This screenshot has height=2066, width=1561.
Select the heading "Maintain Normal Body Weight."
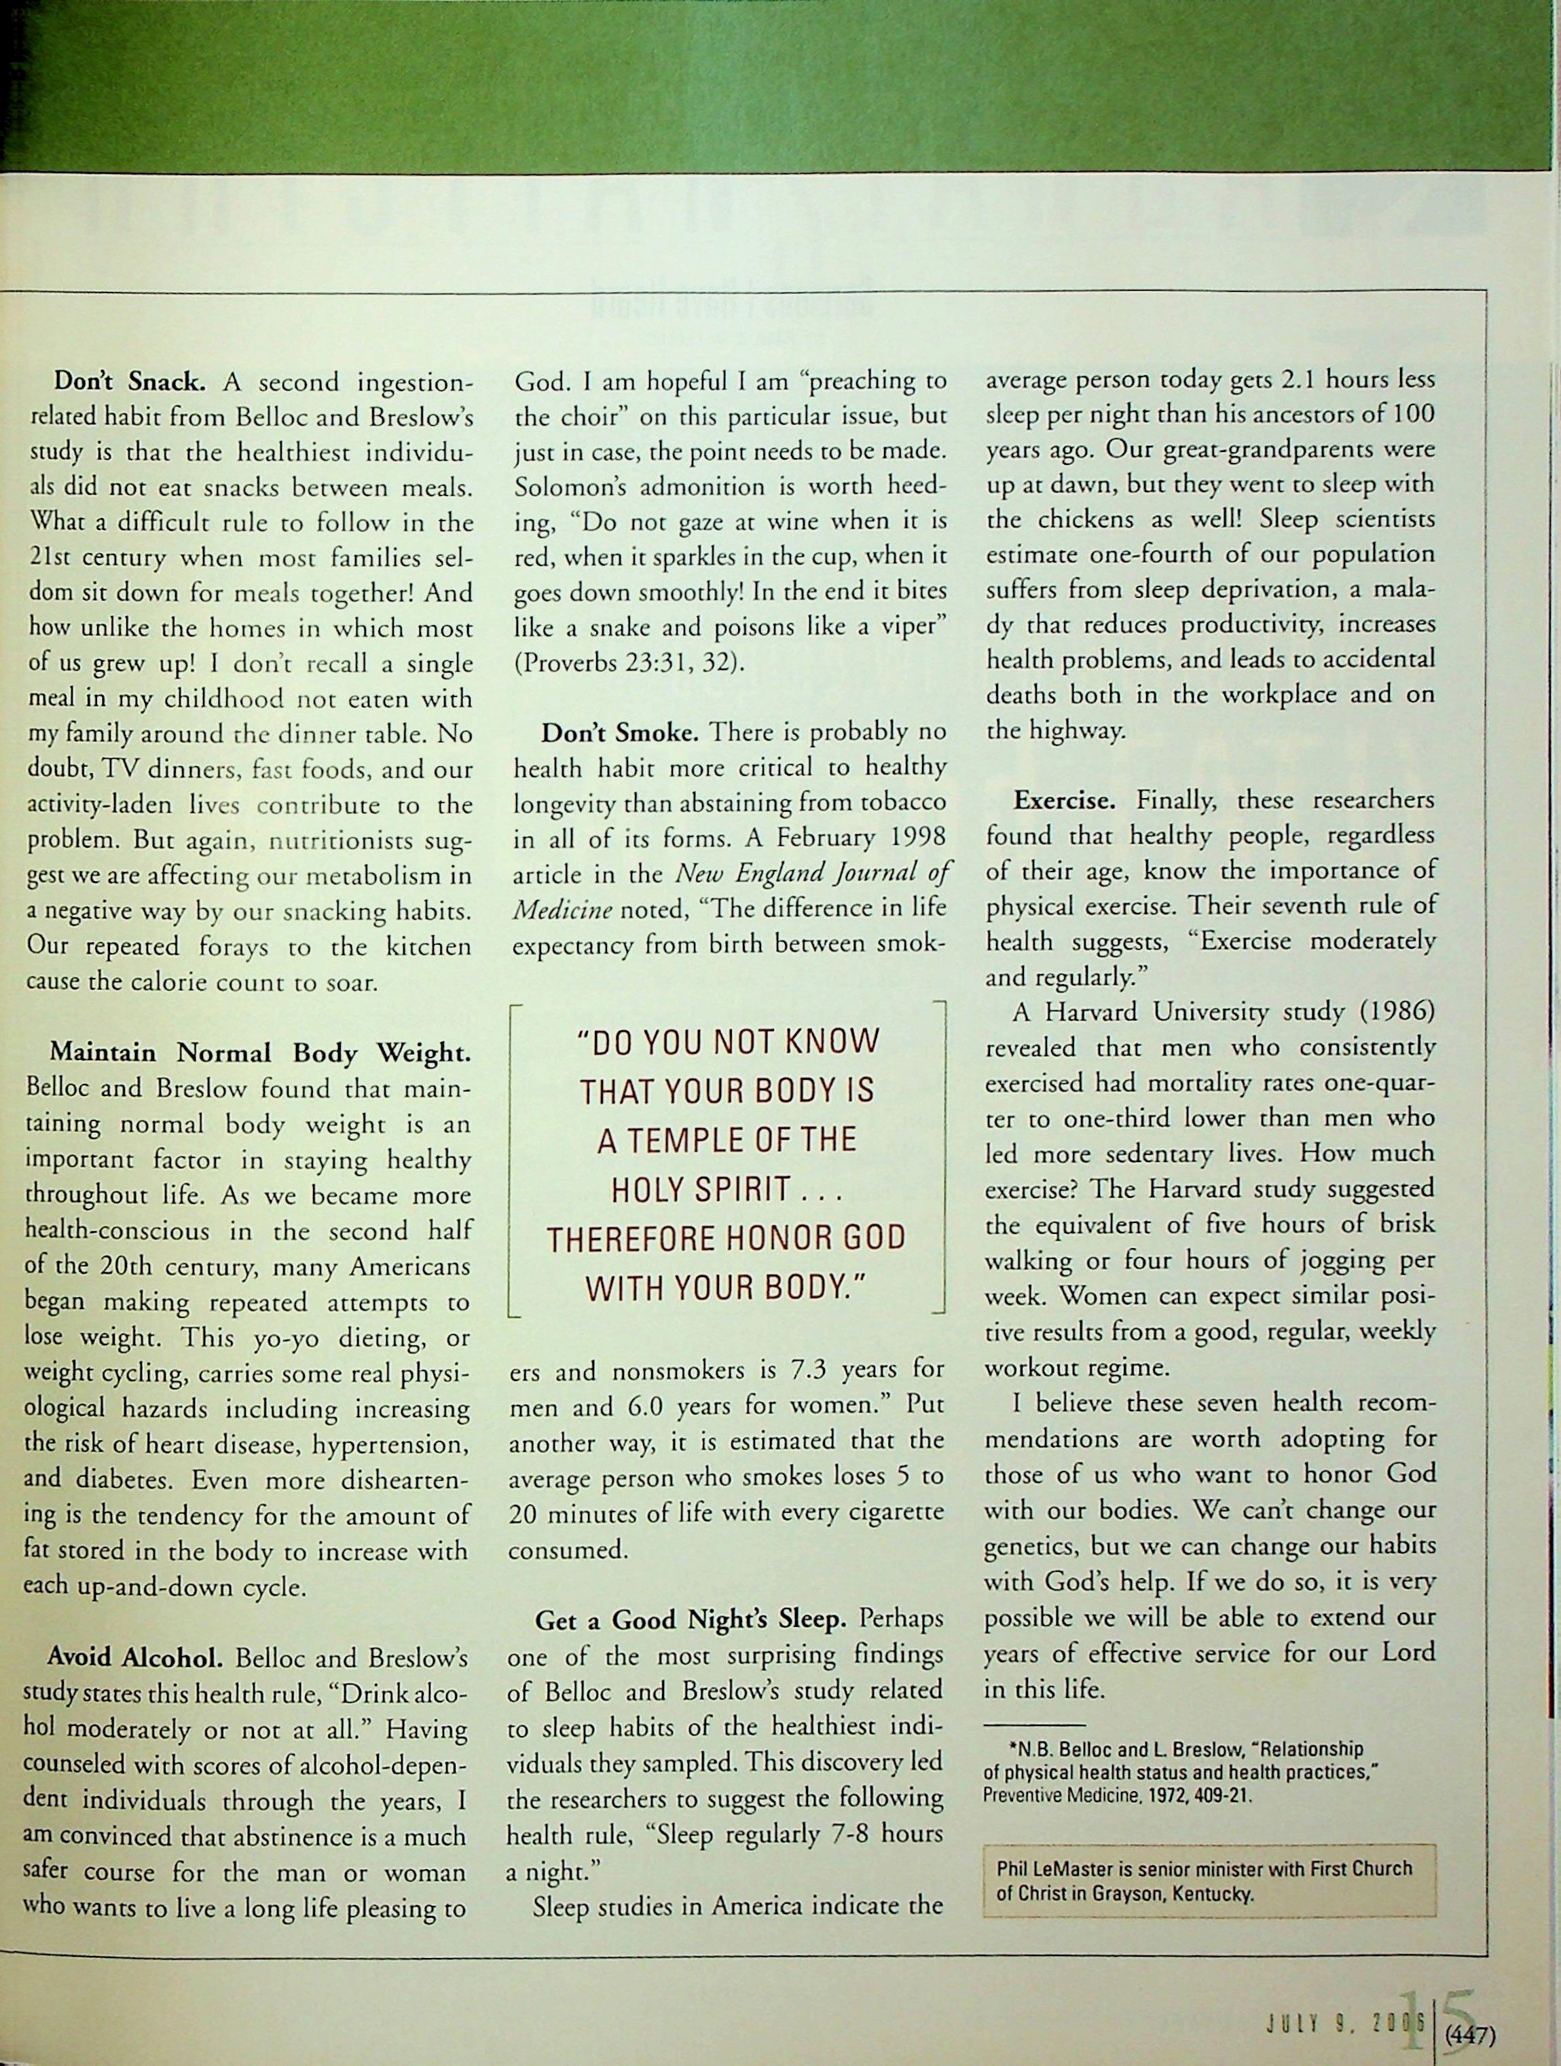259,1053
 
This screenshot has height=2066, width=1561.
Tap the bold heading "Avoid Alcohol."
134,1658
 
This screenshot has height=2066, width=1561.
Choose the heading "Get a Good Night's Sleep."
691,1619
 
